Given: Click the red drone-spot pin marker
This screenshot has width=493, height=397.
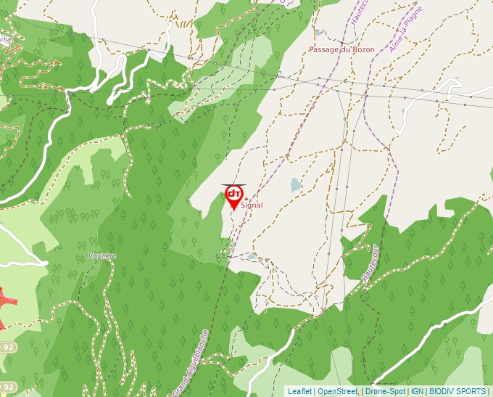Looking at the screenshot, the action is (234, 195).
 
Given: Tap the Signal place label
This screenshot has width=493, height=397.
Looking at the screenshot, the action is (252, 206).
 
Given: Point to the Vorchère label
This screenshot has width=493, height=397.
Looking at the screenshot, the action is (101, 255).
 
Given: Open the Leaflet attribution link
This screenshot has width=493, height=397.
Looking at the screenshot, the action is (299, 391).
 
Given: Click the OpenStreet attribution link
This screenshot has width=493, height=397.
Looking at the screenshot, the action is (338, 391).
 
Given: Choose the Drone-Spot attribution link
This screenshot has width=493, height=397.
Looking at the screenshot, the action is (386, 391).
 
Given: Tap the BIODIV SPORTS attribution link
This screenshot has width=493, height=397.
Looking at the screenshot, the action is (457, 391).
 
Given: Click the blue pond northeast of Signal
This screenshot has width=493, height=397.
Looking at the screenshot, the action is (295, 185).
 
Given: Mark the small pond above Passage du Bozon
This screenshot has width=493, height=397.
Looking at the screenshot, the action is (319, 33).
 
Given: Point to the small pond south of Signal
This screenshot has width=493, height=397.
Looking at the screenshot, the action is (251, 256).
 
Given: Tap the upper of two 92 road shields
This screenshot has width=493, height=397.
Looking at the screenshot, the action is (7, 347).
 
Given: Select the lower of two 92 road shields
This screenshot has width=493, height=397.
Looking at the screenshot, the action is (9, 386).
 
